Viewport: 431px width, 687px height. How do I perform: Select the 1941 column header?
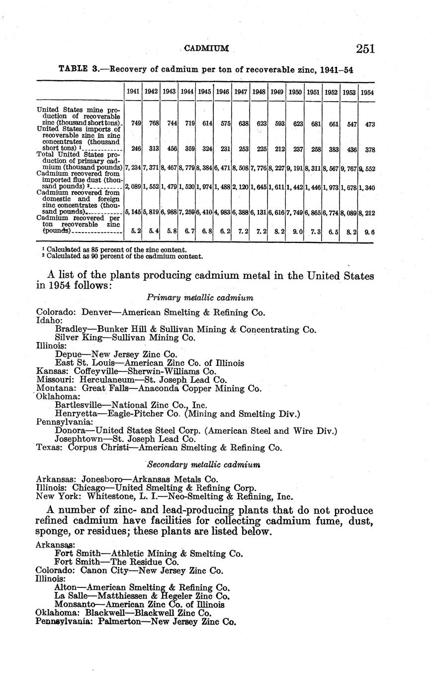pyautogui.click(x=133, y=92)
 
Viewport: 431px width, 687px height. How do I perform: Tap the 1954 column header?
pyautogui.click(x=367, y=92)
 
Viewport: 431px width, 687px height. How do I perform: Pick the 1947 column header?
pyautogui.click(x=241, y=92)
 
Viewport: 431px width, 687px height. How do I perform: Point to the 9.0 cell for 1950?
pyautogui.click(x=297, y=232)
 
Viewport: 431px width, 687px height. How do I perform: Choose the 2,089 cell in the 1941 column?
pyautogui.click(x=132, y=186)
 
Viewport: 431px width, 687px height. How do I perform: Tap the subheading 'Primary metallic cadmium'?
pyautogui.click(x=200, y=298)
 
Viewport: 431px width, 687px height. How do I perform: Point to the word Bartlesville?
pyautogui.click(x=80, y=405)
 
